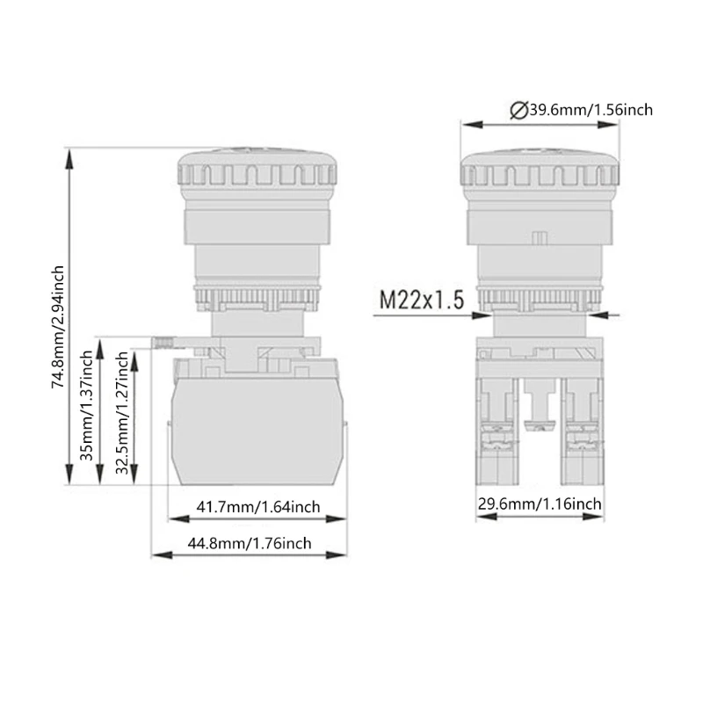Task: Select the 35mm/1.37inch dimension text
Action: (87, 409)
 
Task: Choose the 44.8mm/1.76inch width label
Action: (249, 543)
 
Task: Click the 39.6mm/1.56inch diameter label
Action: (588, 110)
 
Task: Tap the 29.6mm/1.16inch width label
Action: (540, 504)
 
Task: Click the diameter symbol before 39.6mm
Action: (518, 110)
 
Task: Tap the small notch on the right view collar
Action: (539, 237)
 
